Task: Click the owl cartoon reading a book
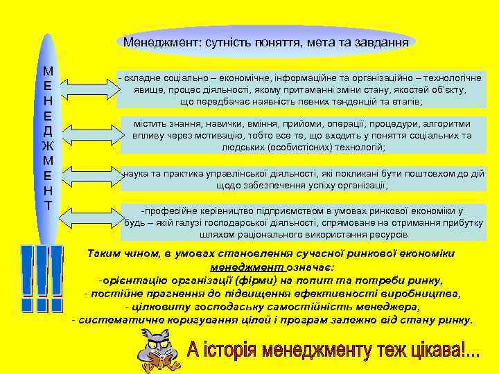[x=162, y=348]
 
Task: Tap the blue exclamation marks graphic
[x=41, y=277]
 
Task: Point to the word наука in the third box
[x=137, y=173]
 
